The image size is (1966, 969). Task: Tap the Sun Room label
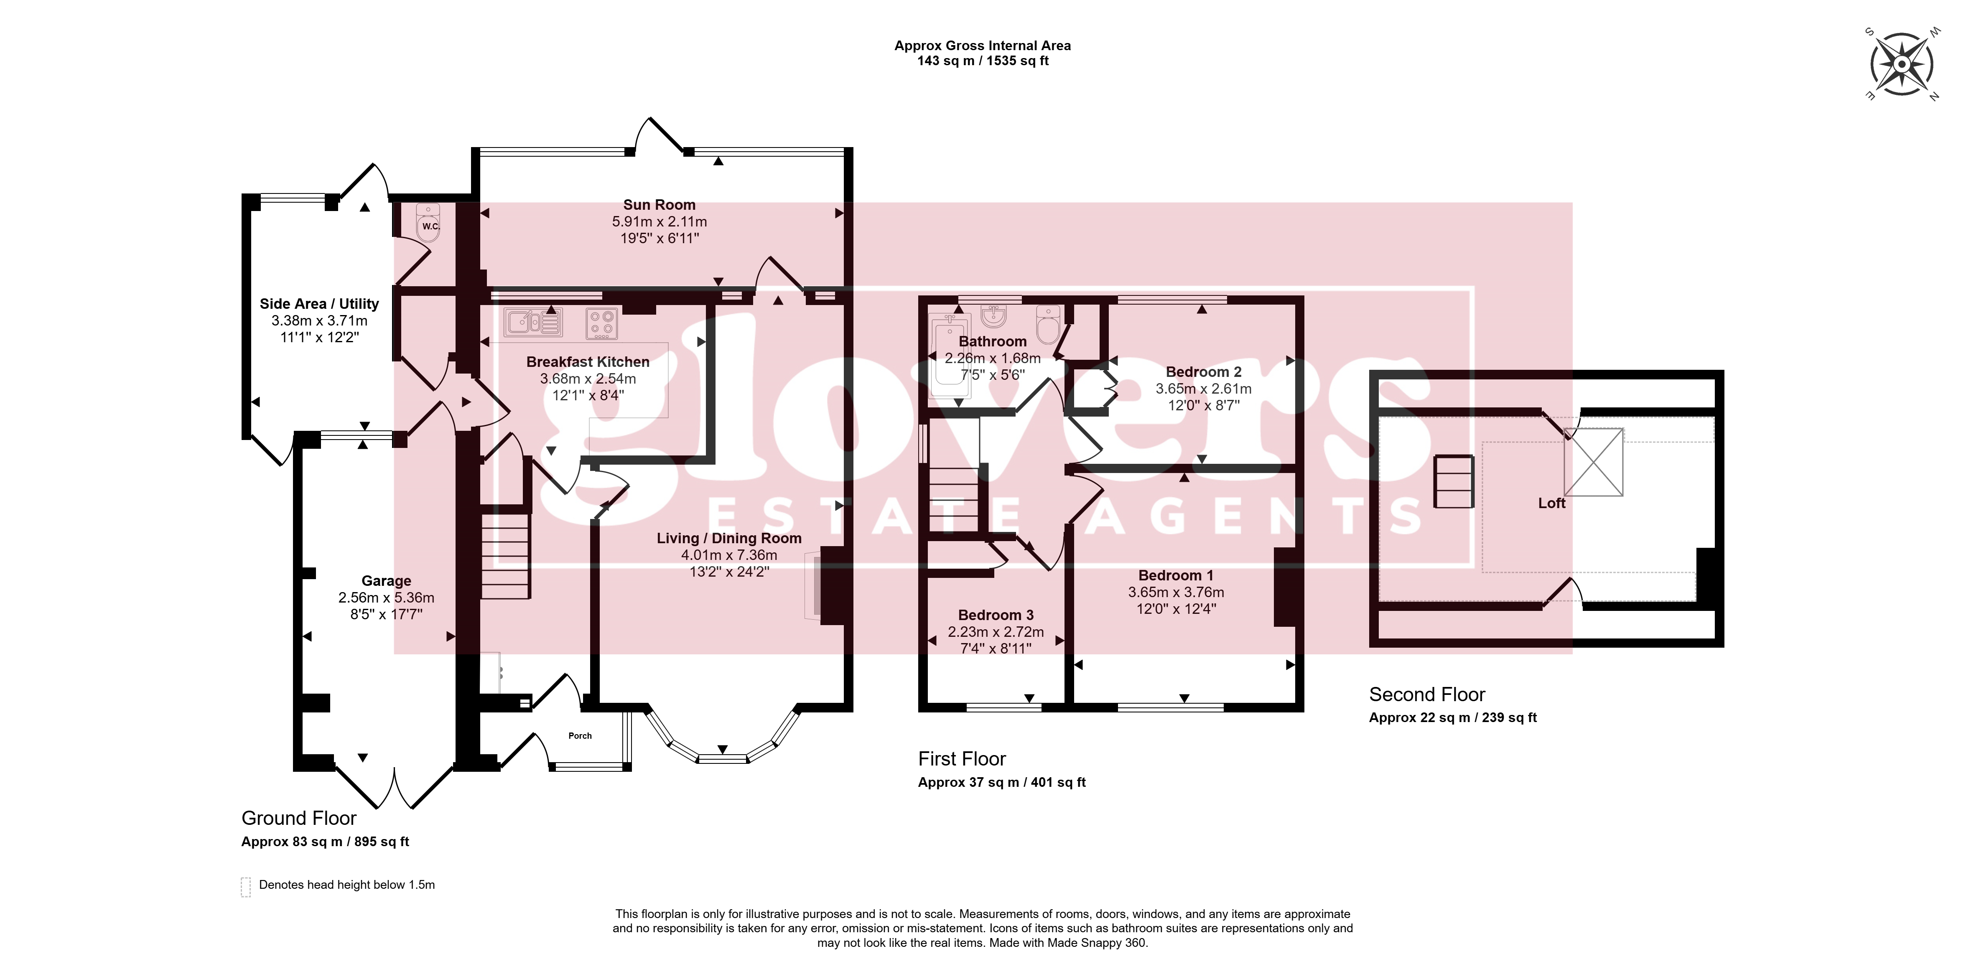[x=660, y=204]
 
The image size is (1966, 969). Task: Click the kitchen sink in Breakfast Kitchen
[x=533, y=323]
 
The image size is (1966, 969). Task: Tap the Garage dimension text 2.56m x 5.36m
[x=386, y=598]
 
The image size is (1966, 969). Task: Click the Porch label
[x=580, y=735]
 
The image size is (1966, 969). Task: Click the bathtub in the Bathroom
[x=950, y=359]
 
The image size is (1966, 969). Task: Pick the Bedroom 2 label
[x=1204, y=371]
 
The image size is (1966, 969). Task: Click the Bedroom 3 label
[x=996, y=615]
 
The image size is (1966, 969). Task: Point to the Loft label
[x=1551, y=503]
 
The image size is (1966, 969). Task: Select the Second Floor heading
[x=1427, y=694]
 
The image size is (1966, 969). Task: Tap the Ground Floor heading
[x=299, y=818]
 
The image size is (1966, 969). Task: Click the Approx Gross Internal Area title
[x=983, y=46]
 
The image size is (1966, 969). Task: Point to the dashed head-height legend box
[x=246, y=887]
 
